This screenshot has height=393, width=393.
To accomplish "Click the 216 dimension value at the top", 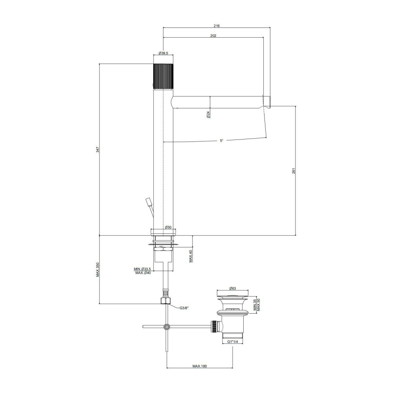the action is coord(217,26).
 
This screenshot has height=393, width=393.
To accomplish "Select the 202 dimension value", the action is coord(213,36).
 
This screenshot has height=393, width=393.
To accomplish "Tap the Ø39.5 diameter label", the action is coord(163,53).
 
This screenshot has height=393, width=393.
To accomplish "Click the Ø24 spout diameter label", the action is coord(208,114).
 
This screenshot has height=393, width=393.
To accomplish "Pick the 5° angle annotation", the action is coord(221,141).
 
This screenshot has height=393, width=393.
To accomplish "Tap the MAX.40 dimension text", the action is coord(191,256).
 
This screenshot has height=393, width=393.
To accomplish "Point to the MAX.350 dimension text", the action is coord(98,270).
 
